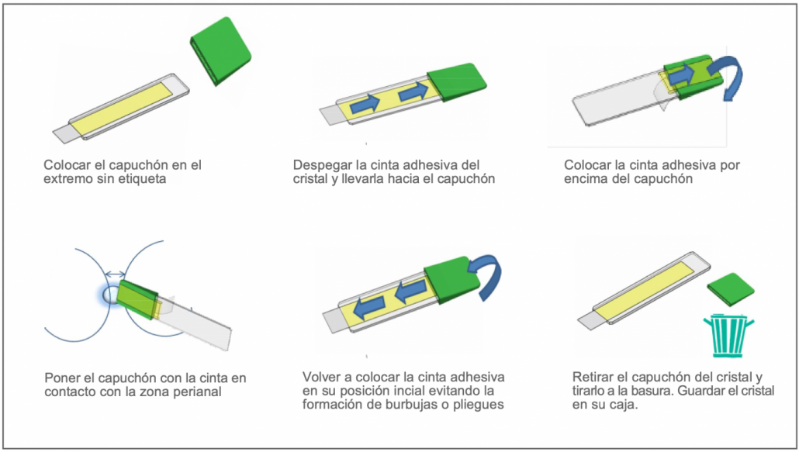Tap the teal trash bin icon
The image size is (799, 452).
click(x=728, y=336)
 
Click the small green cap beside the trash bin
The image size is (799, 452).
click(x=731, y=290)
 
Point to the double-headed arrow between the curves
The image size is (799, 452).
click(x=115, y=275)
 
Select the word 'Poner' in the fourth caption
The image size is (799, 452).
click(x=61, y=378)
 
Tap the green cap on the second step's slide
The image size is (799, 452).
click(x=457, y=81)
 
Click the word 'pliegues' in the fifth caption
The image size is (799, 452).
click(x=479, y=405)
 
